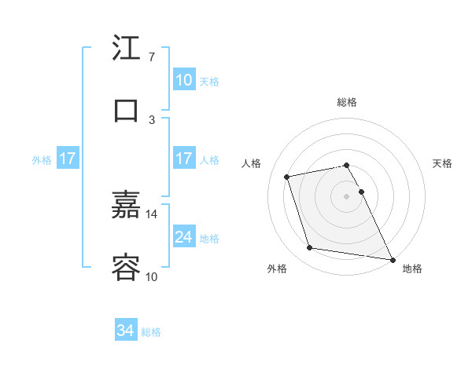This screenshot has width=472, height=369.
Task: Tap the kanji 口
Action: pyautogui.click(x=127, y=111)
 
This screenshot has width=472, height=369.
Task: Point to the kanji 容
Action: pyautogui.click(x=127, y=268)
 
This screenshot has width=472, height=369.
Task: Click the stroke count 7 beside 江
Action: pyautogui.click(x=151, y=57)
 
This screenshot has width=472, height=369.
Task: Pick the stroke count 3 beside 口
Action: pyautogui.click(x=152, y=119)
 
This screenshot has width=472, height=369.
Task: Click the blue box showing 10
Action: pyautogui.click(x=183, y=80)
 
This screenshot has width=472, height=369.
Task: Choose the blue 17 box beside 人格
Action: pyautogui.click(x=183, y=159)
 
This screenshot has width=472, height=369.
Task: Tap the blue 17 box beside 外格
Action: pyautogui.click(x=67, y=159)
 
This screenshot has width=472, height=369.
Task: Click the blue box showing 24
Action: pyautogui.click(x=183, y=237)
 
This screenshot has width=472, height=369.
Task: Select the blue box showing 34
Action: pyautogui.click(x=126, y=331)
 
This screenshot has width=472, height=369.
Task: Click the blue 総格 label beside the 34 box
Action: pyautogui.click(x=152, y=332)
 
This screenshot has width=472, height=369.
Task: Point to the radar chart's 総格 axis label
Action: pyautogui.click(x=347, y=102)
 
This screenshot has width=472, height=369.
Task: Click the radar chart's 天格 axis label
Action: pyautogui.click(x=443, y=163)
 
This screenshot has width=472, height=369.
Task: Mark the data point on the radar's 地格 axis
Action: pyautogui.click(x=392, y=258)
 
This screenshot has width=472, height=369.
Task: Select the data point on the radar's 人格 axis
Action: pyautogui.click(x=287, y=176)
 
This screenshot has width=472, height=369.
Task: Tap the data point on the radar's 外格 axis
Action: pyautogui.click(x=310, y=248)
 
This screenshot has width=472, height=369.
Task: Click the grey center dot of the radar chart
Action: pyautogui.click(x=347, y=195)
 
